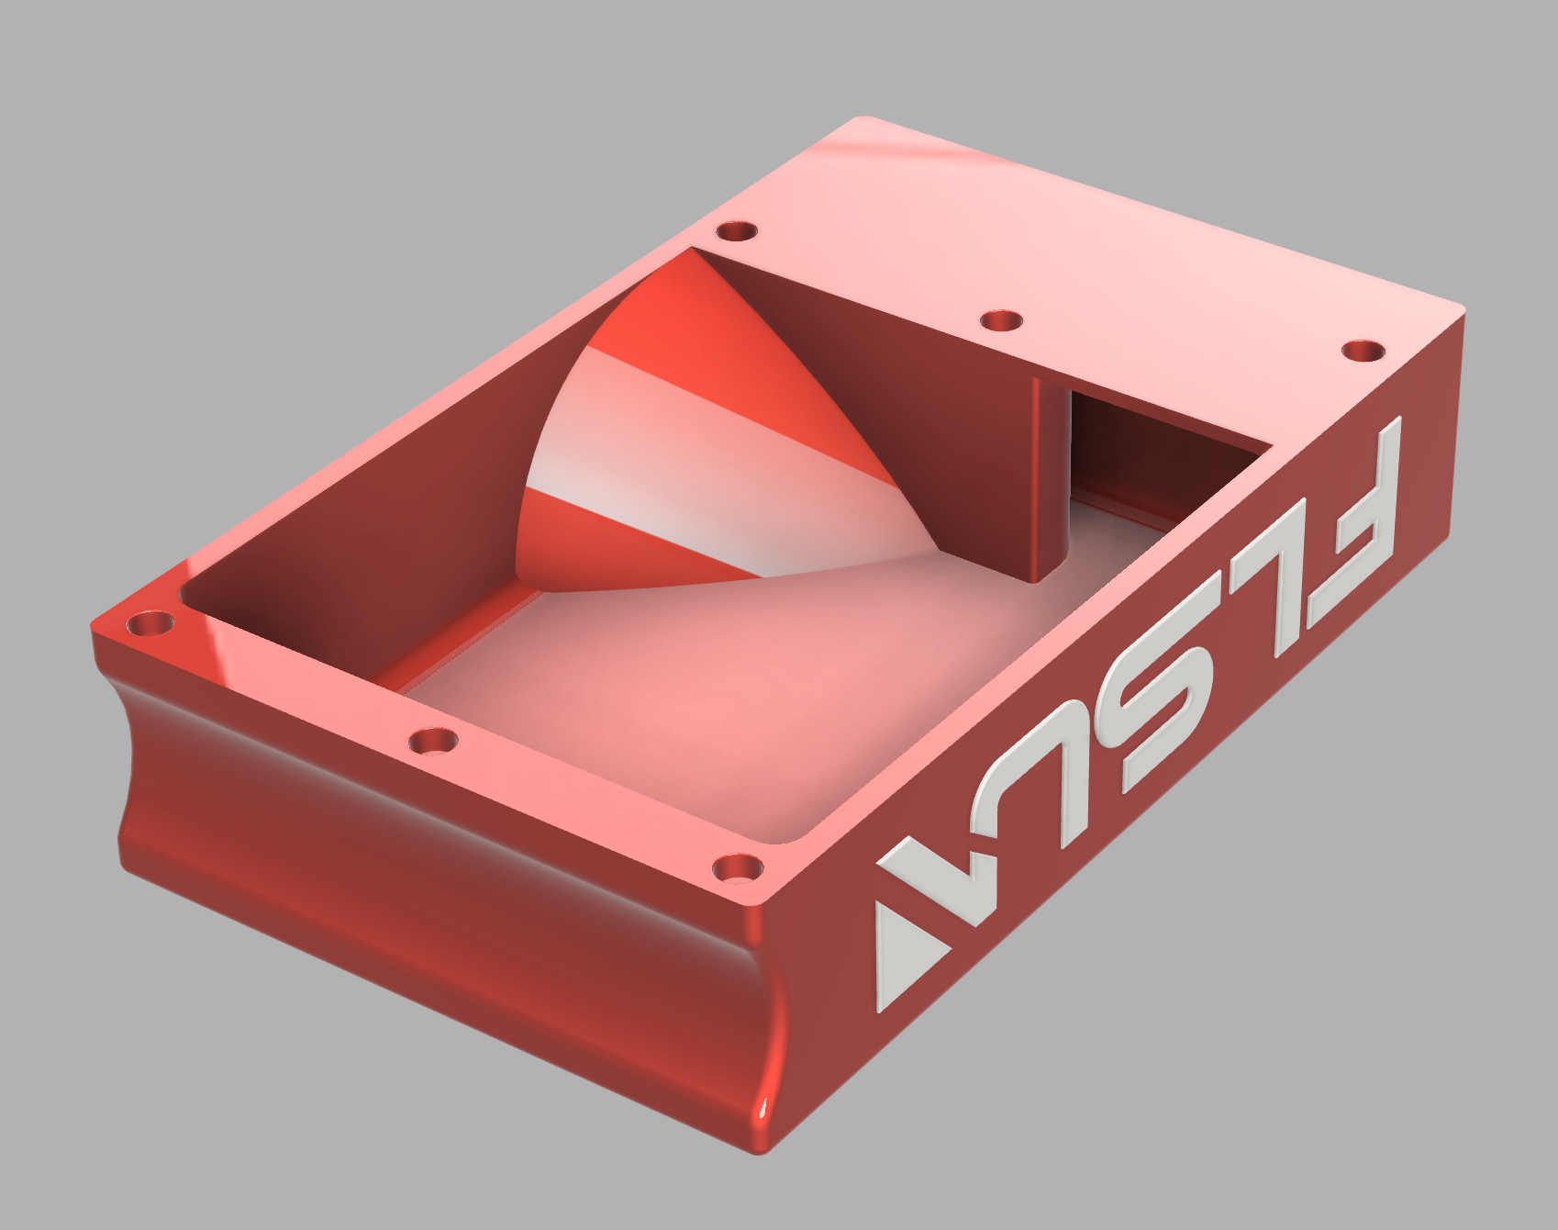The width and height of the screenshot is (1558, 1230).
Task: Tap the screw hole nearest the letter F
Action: (1363, 351)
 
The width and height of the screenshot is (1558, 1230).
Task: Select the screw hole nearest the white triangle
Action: (738, 867)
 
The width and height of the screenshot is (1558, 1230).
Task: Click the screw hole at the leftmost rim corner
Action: (150, 624)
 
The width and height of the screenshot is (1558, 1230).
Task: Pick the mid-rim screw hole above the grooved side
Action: (433, 740)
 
